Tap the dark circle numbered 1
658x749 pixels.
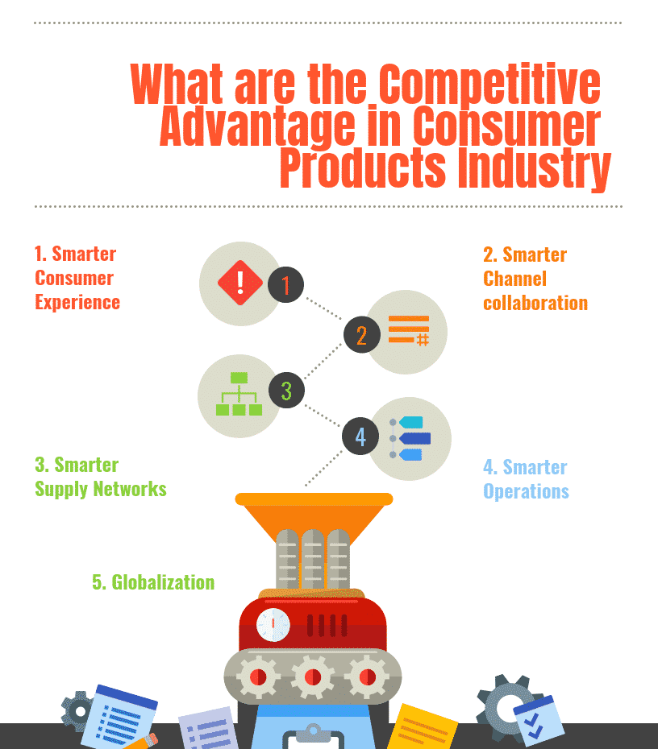click(285, 284)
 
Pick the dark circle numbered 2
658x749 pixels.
click(360, 334)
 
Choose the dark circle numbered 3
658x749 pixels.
click(285, 391)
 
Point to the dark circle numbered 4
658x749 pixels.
click(360, 437)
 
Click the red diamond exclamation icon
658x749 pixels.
click(239, 283)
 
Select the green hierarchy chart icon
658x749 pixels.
click(239, 394)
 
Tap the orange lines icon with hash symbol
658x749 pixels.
click(408, 330)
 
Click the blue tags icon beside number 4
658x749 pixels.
click(410, 438)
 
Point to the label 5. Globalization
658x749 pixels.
click(153, 582)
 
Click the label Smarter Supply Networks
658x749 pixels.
click(100, 477)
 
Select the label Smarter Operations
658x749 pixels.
click(526, 479)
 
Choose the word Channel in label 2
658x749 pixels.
click(514, 279)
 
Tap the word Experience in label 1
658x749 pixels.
click(77, 303)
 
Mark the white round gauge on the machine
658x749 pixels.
click(273, 625)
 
